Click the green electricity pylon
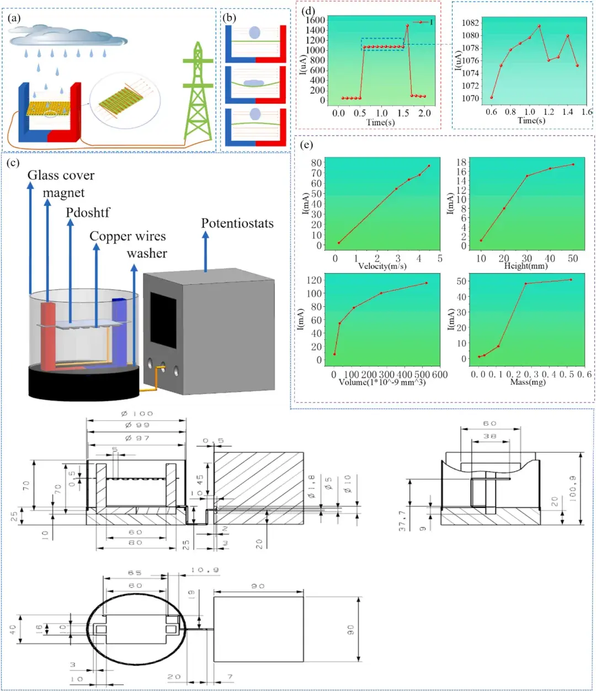pyautogui.click(x=197, y=94)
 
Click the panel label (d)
pyautogui.click(x=309, y=10)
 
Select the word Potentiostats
pyautogui.click(x=237, y=224)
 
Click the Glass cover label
pyautogui.click(x=61, y=176)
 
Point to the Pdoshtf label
pyautogui.click(x=88, y=212)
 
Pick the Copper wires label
pyautogui.click(x=127, y=236)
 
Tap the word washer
pyautogui.click(x=147, y=253)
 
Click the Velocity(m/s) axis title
pyautogui.click(x=382, y=266)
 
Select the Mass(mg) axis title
pyautogui.click(x=528, y=382)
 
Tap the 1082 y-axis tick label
pyautogui.click(x=471, y=23)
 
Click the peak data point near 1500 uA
pyautogui.click(x=407, y=25)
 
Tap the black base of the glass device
pyautogui.click(x=83, y=384)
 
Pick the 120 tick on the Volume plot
pyautogui.click(x=315, y=280)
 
